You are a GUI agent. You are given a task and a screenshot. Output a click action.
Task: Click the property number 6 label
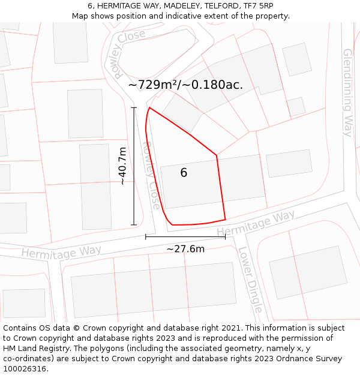point(184,173)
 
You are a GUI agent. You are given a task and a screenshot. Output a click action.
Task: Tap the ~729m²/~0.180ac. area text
point(185,85)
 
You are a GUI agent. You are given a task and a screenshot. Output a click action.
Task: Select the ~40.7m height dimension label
point(122,166)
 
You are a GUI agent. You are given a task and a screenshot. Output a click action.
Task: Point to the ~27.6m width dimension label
point(185,249)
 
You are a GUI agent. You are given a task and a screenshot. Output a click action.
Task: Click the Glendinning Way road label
point(347,92)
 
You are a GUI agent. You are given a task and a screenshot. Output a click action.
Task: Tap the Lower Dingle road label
point(250,280)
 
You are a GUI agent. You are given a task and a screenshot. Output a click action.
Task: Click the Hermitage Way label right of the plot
point(256,223)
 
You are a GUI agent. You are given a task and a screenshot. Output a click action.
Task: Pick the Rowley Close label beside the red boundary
point(151,175)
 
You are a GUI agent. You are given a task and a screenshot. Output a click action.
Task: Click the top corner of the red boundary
point(149,108)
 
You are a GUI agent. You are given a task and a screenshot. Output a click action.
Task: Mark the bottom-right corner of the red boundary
point(225,220)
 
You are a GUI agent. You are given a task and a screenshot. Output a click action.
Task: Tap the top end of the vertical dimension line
point(134,107)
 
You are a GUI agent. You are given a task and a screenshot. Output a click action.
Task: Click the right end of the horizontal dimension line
point(225,236)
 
